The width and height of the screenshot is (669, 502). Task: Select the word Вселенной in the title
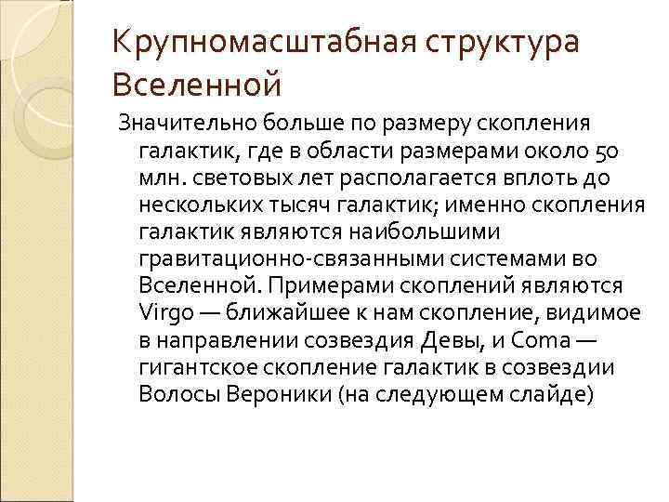tap(195, 86)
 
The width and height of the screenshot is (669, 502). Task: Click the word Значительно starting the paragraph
tap(170, 125)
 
